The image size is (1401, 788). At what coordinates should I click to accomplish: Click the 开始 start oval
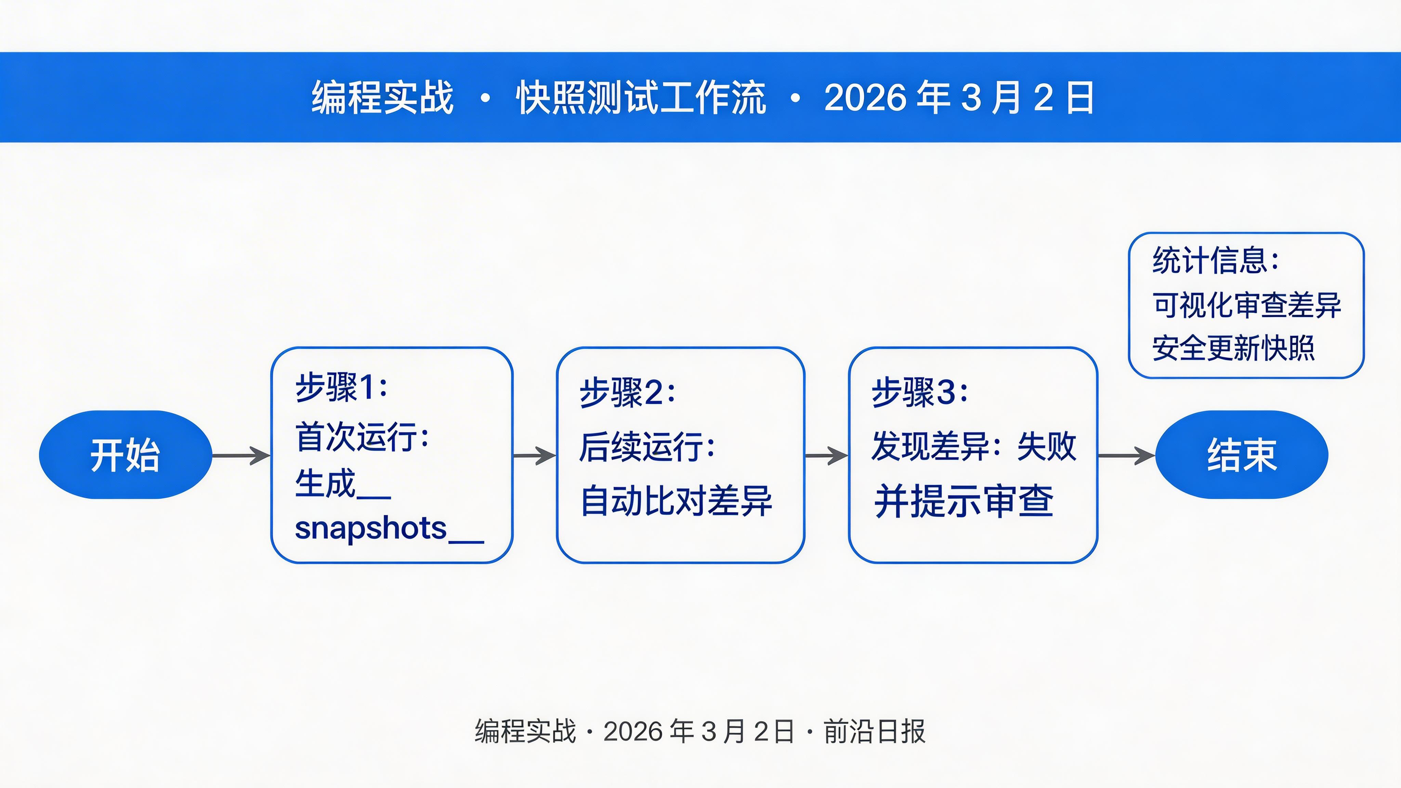pyautogui.click(x=125, y=455)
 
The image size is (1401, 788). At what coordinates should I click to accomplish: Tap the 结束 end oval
pyautogui.click(x=1241, y=455)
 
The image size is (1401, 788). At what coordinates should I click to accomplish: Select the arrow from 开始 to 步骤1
pyautogui.click(x=241, y=455)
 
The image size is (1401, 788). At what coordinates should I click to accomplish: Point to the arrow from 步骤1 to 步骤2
pyautogui.click(x=534, y=455)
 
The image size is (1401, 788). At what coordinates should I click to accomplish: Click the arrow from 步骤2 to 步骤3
pyautogui.click(x=826, y=455)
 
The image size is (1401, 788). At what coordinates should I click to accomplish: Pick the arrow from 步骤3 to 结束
pyautogui.click(x=1126, y=455)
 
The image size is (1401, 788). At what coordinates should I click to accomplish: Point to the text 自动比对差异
pyautogui.click(x=676, y=501)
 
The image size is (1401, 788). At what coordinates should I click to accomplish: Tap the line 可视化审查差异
pyautogui.click(x=1246, y=304)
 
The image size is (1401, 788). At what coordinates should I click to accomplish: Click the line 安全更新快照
pyautogui.click(x=1233, y=348)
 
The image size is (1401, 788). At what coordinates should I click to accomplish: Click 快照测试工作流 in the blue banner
pyautogui.click(x=641, y=98)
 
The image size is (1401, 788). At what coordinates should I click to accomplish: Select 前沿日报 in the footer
pyautogui.click(x=874, y=732)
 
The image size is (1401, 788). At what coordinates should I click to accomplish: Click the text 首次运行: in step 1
pyautogui.click(x=362, y=437)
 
